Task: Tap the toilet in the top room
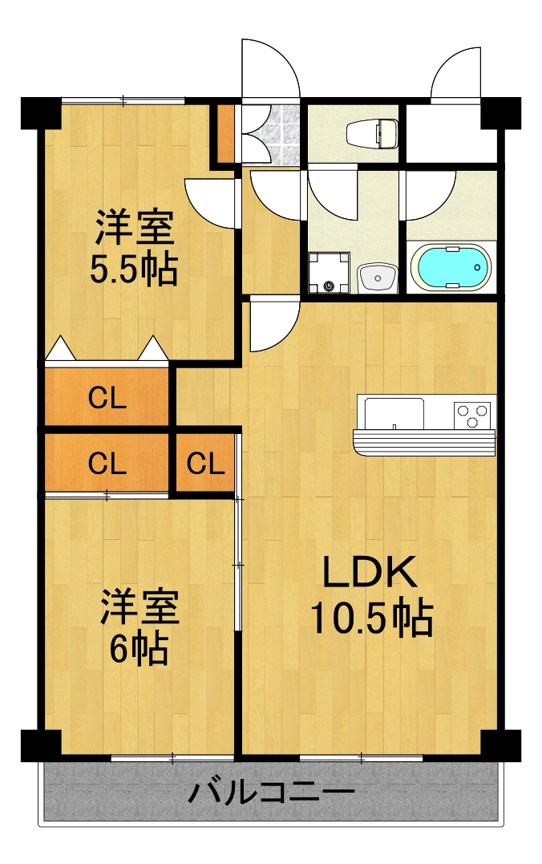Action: (x=373, y=132)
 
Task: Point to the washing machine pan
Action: (x=330, y=273)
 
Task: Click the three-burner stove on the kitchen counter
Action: (x=472, y=414)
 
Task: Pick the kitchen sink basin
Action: (x=395, y=414)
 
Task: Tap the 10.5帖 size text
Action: (x=371, y=618)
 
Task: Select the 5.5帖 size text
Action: (x=133, y=271)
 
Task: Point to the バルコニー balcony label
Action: (x=271, y=794)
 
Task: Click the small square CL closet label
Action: (x=206, y=464)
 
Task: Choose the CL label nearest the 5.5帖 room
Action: (x=107, y=398)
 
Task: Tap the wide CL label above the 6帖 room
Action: (x=107, y=464)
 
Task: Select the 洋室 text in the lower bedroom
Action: (x=139, y=607)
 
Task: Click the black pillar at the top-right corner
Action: (x=501, y=113)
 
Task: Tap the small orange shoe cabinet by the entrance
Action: (x=226, y=133)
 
